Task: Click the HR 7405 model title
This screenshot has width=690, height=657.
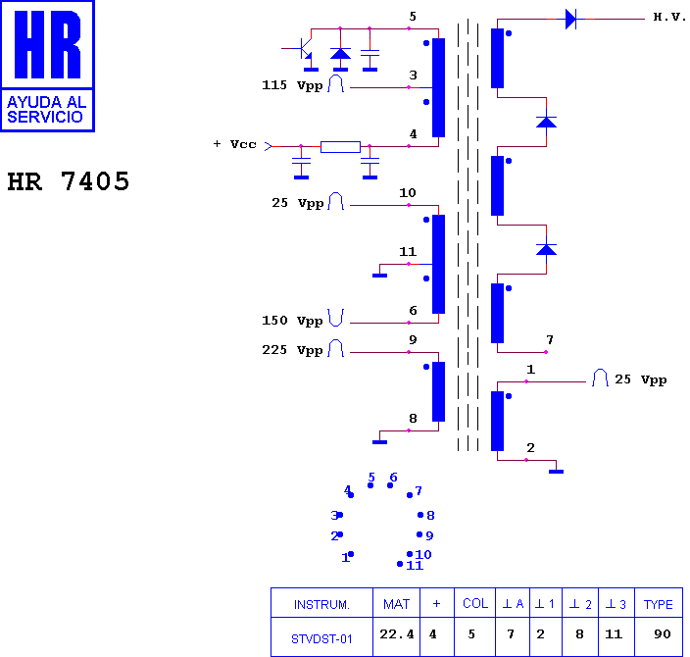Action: (x=69, y=181)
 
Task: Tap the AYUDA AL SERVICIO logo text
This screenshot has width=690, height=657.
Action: (x=46, y=110)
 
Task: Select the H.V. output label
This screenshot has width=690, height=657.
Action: (x=669, y=18)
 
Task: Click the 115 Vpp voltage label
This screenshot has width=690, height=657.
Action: (x=292, y=85)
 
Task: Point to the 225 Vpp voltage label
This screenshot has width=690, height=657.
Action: (x=292, y=350)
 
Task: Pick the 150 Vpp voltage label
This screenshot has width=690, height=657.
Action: (x=292, y=321)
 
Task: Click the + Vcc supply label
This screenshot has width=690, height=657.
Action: (x=234, y=144)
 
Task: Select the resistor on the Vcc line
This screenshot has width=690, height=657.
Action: (x=340, y=147)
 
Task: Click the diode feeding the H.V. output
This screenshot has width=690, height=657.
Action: (x=571, y=20)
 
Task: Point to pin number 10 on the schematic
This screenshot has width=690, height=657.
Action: (x=408, y=193)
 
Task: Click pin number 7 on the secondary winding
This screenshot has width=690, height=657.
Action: (x=550, y=340)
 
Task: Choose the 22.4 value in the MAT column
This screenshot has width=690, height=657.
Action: (x=397, y=634)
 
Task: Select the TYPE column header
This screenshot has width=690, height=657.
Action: (x=659, y=605)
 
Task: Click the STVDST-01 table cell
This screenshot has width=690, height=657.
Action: (x=321, y=639)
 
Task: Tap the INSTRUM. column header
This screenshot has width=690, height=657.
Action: (x=321, y=605)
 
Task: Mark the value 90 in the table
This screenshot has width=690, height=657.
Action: (x=662, y=634)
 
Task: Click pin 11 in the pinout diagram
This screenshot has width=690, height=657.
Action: (x=414, y=566)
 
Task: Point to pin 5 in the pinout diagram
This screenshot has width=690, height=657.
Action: (x=371, y=478)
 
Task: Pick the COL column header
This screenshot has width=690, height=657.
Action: (x=475, y=604)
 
